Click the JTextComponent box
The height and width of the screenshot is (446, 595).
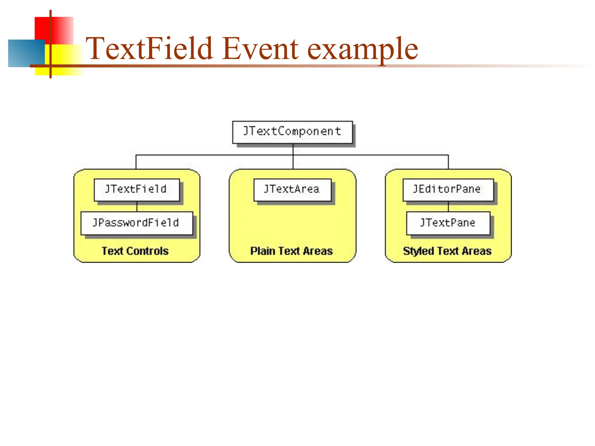[x=292, y=132]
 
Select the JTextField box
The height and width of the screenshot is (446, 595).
[x=137, y=190]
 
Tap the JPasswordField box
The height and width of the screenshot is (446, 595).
[x=137, y=223]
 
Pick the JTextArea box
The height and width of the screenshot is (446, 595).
[x=292, y=190]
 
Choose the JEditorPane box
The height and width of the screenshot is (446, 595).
[x=448, y=190]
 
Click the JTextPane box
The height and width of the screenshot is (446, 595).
[x=448, y=223]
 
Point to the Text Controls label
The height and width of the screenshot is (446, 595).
[x=135, y=251]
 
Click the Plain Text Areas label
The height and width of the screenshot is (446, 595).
[x=291, y=251]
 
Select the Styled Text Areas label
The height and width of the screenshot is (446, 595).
[x=447, y=251]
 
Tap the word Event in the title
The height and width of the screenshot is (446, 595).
[x=261, y=48]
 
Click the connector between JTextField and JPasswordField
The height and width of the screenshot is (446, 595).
[x=137, y=206]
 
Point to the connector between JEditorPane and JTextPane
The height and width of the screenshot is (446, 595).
[x=448, y=206]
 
